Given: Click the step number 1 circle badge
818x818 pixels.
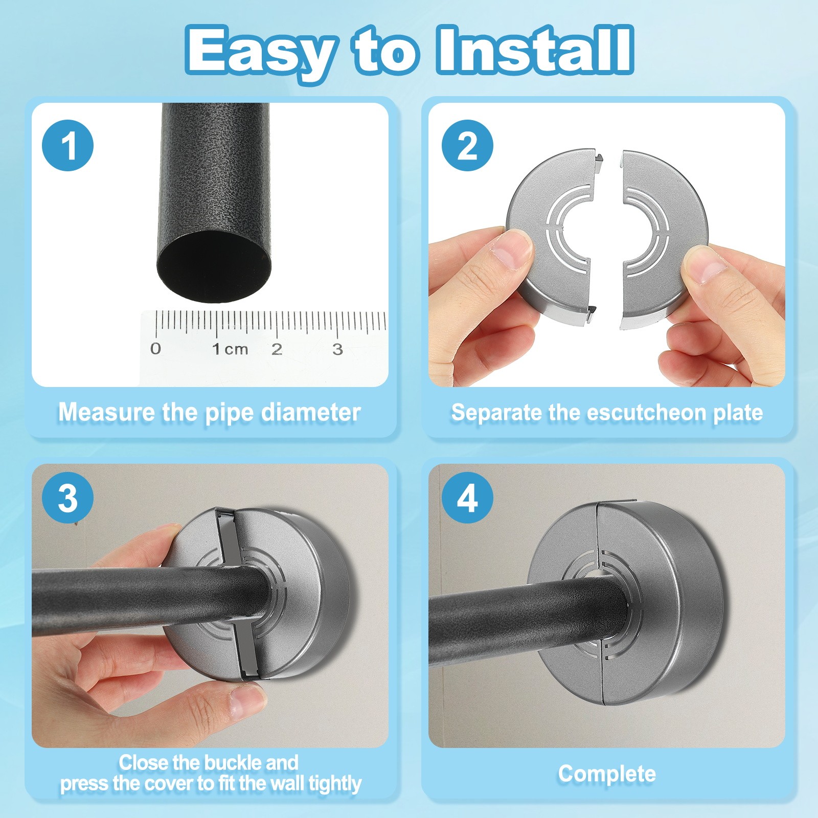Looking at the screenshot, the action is click(68, 145).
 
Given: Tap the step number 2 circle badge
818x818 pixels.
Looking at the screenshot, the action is click(467, 145).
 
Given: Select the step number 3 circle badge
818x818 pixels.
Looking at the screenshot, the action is click(68, 498).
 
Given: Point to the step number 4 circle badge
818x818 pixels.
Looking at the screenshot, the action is click(467, 498).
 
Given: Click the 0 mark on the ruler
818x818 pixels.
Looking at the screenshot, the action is click(156, 349).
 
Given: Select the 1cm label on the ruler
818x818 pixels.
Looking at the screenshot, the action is click(230, 349).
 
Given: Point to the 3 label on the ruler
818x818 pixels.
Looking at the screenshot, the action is click(337, 349).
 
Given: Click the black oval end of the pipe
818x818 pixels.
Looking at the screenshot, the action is click(214, 266).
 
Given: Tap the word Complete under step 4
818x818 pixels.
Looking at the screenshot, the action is click(607, 774).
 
